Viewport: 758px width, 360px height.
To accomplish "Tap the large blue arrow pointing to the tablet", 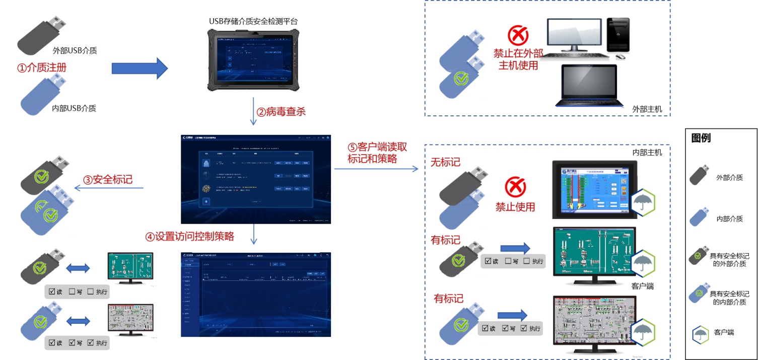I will [139, 68].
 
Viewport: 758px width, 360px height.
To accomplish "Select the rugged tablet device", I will [253, 60].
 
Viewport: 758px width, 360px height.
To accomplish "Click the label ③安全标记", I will [107, 180].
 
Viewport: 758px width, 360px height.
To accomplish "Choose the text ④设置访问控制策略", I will [190, 237].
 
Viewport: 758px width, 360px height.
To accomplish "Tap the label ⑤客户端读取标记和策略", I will [377, 153].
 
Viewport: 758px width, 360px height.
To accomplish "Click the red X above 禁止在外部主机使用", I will [518, 35].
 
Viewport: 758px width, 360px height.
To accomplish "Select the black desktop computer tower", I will [617, 35].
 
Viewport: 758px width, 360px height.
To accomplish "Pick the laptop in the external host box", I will [589, 86].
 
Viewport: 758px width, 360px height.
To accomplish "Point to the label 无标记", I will [445, 162].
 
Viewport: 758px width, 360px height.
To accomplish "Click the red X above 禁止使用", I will [515, 187].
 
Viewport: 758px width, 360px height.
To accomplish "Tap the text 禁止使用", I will [515, 207].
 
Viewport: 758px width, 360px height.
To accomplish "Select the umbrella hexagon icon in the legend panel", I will [701, 334].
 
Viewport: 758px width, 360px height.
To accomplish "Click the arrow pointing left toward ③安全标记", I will [108, 188].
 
